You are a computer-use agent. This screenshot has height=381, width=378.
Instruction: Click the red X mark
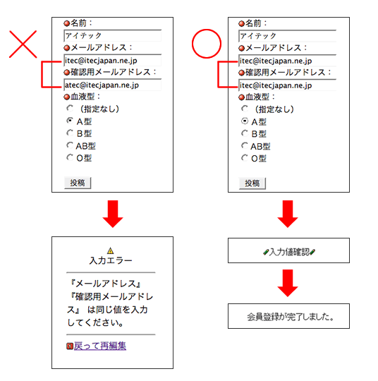pos(23,44)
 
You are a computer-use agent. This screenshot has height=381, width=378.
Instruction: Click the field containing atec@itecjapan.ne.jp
pos(112,85)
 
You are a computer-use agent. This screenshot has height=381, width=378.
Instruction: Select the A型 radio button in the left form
pos(70,121)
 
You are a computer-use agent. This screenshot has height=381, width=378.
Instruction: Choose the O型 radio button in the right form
pos(245,158)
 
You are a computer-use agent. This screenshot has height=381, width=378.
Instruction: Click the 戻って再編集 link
pos(100,346)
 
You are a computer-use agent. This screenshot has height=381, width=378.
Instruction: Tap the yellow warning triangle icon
pos(110,250)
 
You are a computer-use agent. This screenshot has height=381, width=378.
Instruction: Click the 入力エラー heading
pos(111,260)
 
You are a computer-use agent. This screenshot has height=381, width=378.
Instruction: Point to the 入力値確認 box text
pos(289,252)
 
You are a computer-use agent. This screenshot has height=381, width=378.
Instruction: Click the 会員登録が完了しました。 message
pos(291,317)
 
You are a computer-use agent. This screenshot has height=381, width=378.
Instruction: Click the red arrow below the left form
pos(113,214)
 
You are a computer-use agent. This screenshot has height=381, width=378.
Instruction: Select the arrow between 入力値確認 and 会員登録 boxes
pos(288,283)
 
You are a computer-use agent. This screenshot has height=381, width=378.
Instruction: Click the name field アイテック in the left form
pos(112,35)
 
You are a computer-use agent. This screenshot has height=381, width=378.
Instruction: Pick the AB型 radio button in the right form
pos(245,145)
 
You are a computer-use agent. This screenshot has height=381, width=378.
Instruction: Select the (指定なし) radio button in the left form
pos(70,108)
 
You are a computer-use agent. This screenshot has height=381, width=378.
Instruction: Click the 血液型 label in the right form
pos(257,97)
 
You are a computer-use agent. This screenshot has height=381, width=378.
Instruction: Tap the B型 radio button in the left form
pos(70,133)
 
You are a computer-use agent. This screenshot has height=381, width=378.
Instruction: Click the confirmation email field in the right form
pos(288,85)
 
